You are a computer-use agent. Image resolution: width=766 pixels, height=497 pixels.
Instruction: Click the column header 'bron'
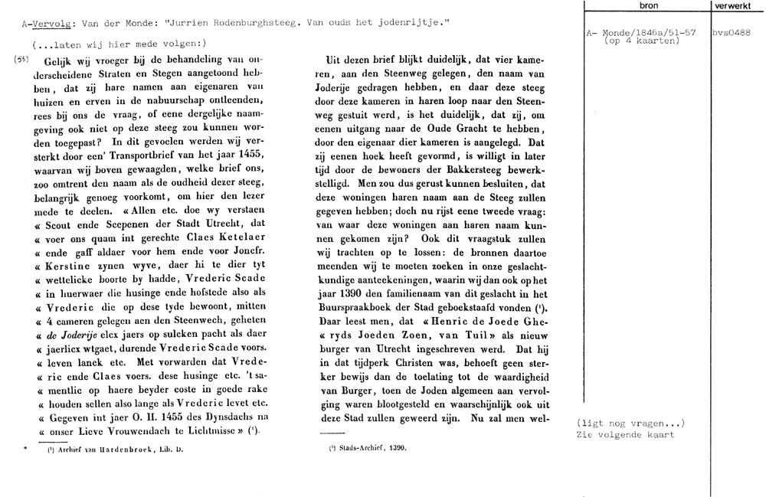pos(647,5)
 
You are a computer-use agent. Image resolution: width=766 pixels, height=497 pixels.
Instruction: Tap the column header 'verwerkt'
pos(738,5)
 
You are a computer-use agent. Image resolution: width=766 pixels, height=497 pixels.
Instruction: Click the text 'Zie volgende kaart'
pos(624,434)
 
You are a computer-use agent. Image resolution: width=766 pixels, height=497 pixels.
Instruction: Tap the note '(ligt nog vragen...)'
pos(629,423)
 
